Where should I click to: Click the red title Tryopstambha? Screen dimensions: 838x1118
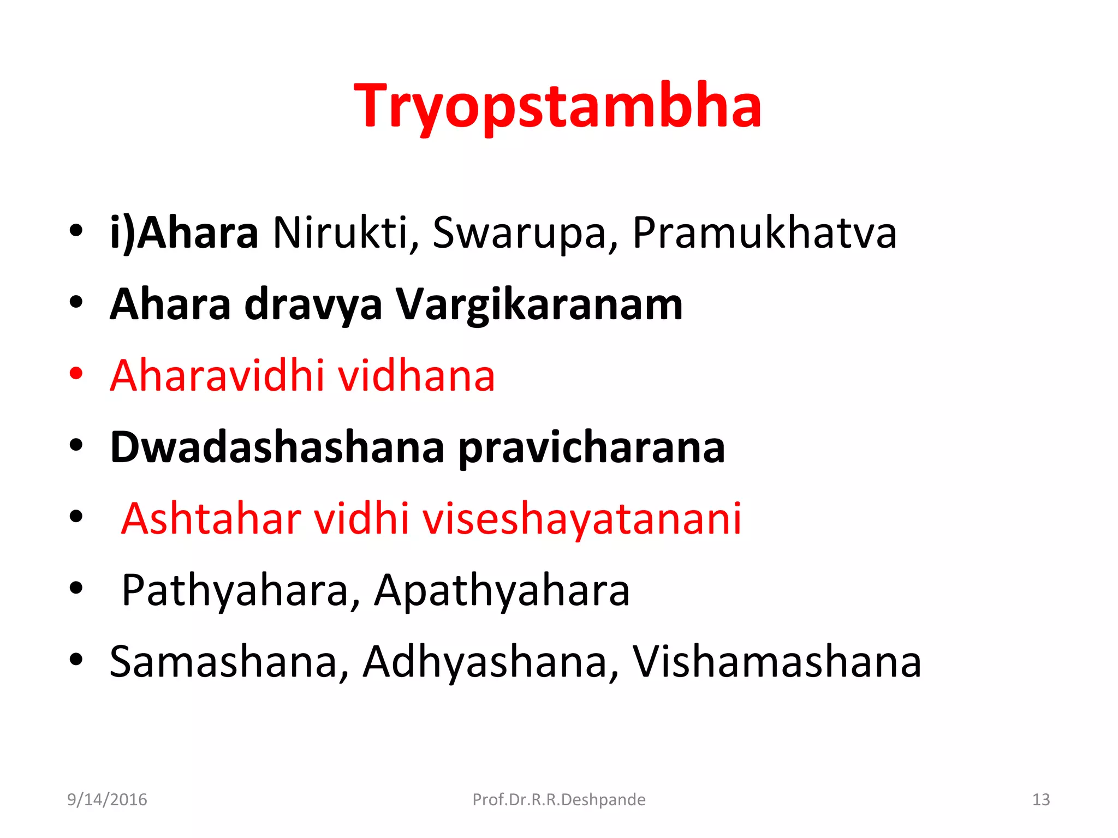click(558, 106)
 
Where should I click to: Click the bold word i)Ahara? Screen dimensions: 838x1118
click(184, 233)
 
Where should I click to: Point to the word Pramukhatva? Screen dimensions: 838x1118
click(764, 233)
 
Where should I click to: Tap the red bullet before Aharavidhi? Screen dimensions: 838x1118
click(76, 374)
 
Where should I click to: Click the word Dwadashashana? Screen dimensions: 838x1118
click(277, 447)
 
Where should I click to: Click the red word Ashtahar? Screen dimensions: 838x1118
click(211, 518)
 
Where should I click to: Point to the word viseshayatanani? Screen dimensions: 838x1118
click(582, 519)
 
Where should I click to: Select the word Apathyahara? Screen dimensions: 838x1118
click(502, 591)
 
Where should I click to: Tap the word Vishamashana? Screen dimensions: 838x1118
click(777, 662)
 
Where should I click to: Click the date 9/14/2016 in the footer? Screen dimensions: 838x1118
click(107, 800)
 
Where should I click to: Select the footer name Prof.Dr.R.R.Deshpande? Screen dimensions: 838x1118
click(558, 800)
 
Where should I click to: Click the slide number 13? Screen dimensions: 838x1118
click(1040, 800)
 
